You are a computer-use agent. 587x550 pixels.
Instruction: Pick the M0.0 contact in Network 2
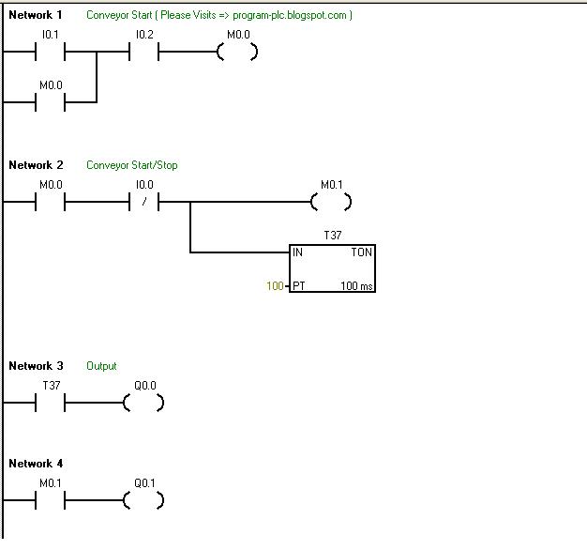pos(50,202)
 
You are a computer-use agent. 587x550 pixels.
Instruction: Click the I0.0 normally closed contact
pos(143,202)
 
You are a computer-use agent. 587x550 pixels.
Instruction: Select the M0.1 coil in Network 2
pos(330,202)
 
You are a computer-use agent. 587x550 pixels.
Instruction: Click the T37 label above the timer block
pos(332,236)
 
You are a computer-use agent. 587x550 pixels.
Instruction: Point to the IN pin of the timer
pos(298,252)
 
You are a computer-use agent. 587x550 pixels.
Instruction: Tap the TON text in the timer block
pos(361,252)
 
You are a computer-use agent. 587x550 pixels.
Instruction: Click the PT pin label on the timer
pos(299,285)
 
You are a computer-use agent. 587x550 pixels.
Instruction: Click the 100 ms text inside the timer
pos(357,285)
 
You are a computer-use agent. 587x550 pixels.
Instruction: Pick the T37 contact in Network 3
pos(50,403)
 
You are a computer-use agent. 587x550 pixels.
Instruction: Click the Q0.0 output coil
pos(143,403)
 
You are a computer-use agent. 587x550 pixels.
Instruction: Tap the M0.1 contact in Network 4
pos(50,500)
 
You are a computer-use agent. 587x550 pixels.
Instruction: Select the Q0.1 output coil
pos(143,500)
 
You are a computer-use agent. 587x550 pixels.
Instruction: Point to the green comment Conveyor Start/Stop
pos(132,165)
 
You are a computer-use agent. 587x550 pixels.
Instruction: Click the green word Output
pos(101,366)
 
